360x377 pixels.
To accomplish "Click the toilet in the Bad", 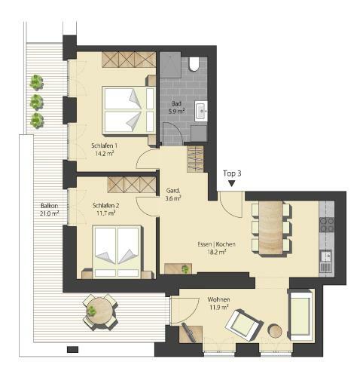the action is click(x=194, y=64).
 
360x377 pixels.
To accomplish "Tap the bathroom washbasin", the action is click(x=201, y=111).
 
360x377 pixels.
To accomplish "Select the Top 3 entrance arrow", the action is click(x=232, y=183).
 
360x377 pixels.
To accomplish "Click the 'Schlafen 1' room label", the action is click(x=104, y=146).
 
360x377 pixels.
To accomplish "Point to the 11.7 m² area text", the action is click(x=106, y=213).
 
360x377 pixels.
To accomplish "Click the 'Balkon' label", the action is click(x=50, y=205).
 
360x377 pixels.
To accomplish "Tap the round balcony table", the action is click(x=100, y=311).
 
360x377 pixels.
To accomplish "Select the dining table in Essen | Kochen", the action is click(x=271, y=228).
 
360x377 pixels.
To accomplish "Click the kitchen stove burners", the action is click(x=327, y=225).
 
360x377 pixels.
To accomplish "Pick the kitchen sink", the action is click(x=326, y=256).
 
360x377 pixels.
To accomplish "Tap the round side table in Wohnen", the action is click(x=275, y=331).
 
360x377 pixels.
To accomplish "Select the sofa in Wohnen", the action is click(x=301, y=314).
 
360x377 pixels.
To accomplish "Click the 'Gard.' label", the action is click(x=173, y=191).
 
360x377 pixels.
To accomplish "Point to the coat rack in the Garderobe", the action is click(x=195, y=159).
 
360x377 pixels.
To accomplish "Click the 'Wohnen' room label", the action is click(x=218, y=299).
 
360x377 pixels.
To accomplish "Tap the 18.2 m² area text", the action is click(x=217, y=252).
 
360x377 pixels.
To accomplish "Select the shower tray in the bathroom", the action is click(x=171, y=65).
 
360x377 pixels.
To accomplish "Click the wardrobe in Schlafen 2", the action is click(x=132, y=185).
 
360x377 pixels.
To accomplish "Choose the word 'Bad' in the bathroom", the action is click(x=176, y=103).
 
